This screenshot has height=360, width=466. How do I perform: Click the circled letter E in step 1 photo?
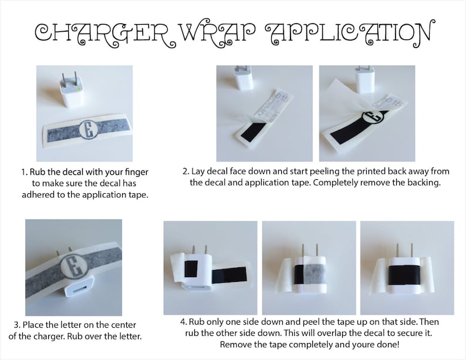point(88,130)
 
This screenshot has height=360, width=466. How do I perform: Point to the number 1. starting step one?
point(25,172)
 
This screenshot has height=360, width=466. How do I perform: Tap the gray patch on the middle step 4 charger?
point(314,274)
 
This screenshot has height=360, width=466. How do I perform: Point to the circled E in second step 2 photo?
point(371,117)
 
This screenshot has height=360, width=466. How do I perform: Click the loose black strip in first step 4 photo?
point(229,275)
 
